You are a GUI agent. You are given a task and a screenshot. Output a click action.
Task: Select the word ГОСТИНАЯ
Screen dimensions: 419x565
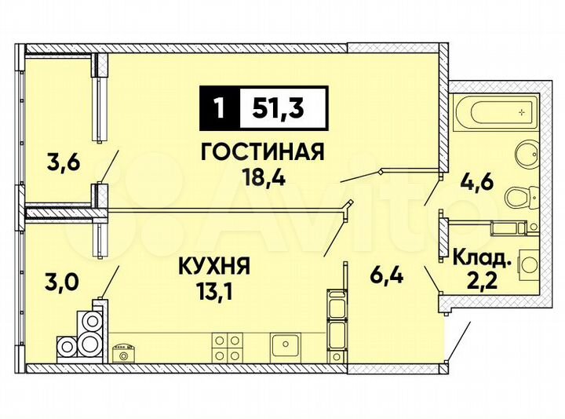point(262,152)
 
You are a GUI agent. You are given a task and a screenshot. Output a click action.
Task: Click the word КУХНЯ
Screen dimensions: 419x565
point(213,268)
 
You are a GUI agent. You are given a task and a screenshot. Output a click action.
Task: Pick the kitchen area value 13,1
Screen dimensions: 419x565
point(213,292)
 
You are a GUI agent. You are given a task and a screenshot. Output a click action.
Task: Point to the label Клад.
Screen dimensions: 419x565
point(479,255)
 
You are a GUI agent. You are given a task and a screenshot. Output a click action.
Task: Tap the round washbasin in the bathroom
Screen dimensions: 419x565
point(519,155)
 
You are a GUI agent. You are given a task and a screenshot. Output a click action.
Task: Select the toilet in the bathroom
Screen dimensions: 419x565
point(519,196)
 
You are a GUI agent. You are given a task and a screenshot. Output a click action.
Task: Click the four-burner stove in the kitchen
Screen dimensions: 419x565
point(228,346)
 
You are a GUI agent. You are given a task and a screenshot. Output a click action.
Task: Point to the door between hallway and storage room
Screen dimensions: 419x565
point(432,279)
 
